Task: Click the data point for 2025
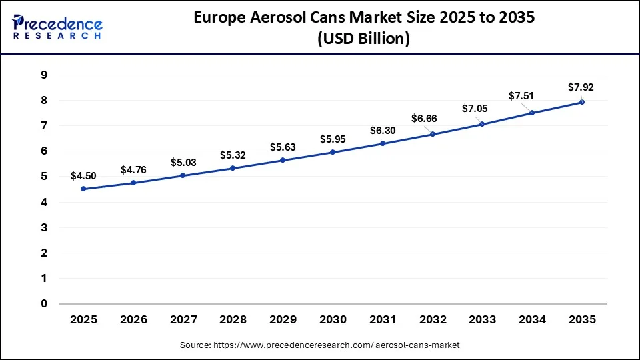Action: (x=83, y=189)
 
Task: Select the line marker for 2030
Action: (x=333, y=152)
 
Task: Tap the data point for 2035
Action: (x=582, y=102)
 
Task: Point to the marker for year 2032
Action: (x=433, y=134)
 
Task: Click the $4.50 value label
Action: (x=83, y=176)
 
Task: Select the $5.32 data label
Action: (x=233, y=155)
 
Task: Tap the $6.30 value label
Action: (x=383, y=131)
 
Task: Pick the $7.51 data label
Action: (x=521, y=96)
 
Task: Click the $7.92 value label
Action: (x=580, y=87)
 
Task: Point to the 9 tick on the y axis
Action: (x=43, y=75)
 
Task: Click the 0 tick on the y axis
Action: (x=43, y=304)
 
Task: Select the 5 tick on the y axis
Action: (x=43, y=177)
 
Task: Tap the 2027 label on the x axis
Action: (x=183, y=320)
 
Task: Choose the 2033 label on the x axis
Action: (x=482, y=320)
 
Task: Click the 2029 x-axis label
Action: (x=283, y=320)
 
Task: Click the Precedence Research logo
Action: (x=57, y=27)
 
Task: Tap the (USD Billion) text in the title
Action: (x=363, y=39)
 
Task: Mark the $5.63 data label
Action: (x=283, y=147)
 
